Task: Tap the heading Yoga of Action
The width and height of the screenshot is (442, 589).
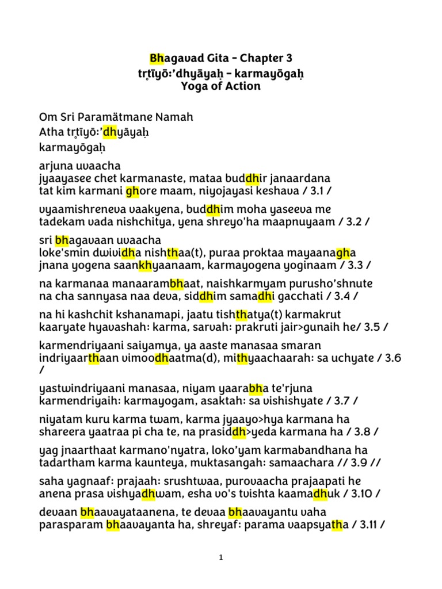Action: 221,86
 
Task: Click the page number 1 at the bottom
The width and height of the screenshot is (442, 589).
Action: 221,558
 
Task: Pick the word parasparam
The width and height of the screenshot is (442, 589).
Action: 71,526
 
